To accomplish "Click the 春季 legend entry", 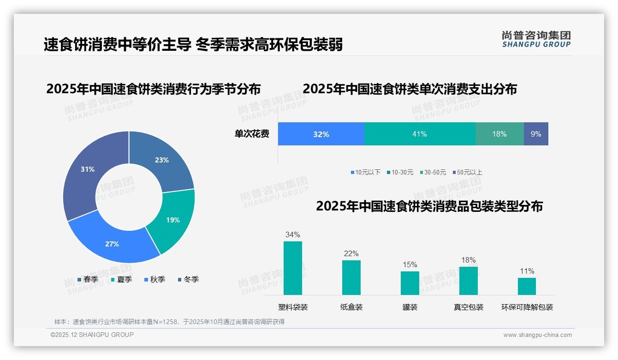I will [x=88, y=279].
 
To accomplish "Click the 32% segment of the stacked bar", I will [x=321, y=134].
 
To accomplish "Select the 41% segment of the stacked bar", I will [x=420, y=134].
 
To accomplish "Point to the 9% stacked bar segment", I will [x=536, y=134].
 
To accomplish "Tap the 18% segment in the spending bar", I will [x=499, y=134].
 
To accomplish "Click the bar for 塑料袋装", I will [x=293, y=268].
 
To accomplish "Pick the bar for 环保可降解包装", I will [x=527, y=286].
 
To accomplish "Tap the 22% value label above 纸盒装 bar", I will [x=351, y=254].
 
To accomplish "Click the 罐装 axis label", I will [x=410, y=307].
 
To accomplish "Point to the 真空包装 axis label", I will [x=469, y=307].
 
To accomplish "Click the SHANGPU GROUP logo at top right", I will [x=536, y=39].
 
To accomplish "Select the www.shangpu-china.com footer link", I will [x=537, y=335].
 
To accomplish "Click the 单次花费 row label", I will [x=252, y=134].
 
